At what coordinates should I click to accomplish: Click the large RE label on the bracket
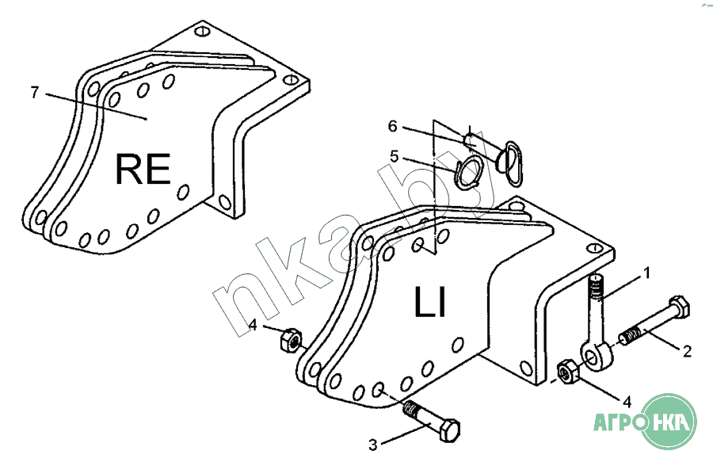[143, 169]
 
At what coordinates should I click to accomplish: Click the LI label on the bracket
[430, 302]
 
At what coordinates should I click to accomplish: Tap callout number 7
[35, 93]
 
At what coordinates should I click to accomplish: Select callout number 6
[392, 126]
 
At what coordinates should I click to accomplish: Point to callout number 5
[394, 157]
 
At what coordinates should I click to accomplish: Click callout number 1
[646, 273]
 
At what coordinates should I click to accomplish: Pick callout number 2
[687, 351]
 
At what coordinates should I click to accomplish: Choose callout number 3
[373, 445]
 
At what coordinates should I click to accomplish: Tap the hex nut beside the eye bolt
[567, 372]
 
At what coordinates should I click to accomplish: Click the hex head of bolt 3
[449, 429]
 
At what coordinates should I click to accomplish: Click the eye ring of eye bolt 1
[595, 356]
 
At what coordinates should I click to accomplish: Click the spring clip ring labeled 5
[468, 171]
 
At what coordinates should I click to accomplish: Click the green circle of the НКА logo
[668, 422]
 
